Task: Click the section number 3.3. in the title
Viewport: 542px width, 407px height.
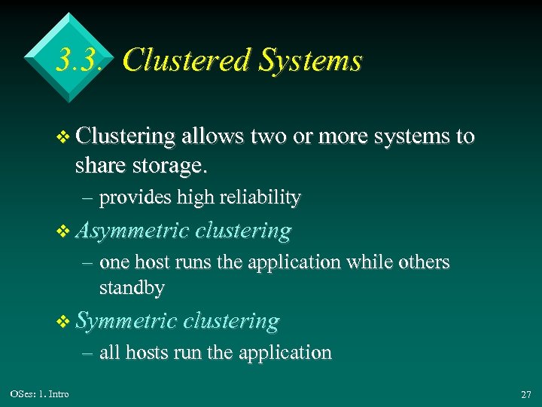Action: tap(78, 60)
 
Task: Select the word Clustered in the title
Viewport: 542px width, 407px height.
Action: tap(179, 60)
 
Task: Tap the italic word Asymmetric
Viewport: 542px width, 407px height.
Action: tap(132, 231)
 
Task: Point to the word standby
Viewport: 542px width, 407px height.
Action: tap(132, 287)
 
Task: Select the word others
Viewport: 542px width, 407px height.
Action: tap(422, 262)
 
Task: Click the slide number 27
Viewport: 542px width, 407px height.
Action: tap(525, 395)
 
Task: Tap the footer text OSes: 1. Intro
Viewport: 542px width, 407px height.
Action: tap(39, 394)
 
